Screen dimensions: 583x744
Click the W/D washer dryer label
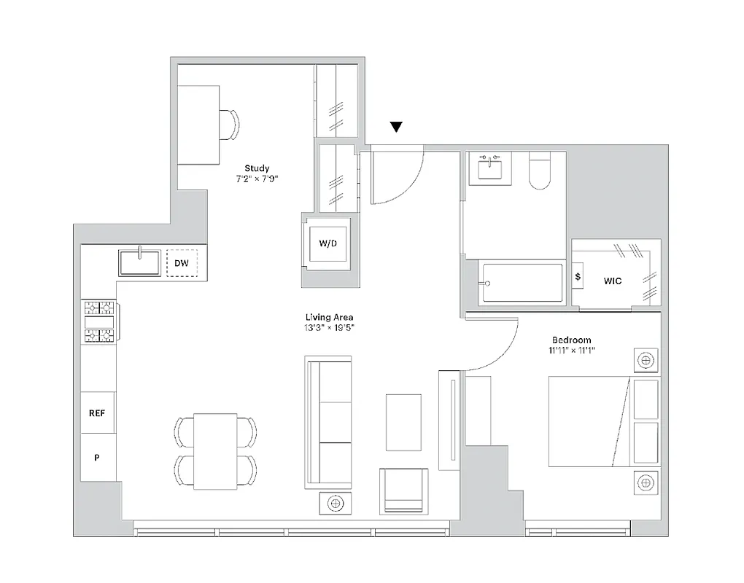328,243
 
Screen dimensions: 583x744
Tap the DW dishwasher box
182,263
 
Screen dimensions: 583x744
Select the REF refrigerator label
97,413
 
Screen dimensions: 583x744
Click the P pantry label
97,458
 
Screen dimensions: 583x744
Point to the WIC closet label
613,281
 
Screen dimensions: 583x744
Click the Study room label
257,168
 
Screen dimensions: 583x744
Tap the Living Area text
329,317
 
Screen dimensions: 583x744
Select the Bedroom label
571,340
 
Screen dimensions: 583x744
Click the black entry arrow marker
396,128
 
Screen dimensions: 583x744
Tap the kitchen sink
140,262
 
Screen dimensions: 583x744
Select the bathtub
522,283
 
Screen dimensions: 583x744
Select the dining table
215,450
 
